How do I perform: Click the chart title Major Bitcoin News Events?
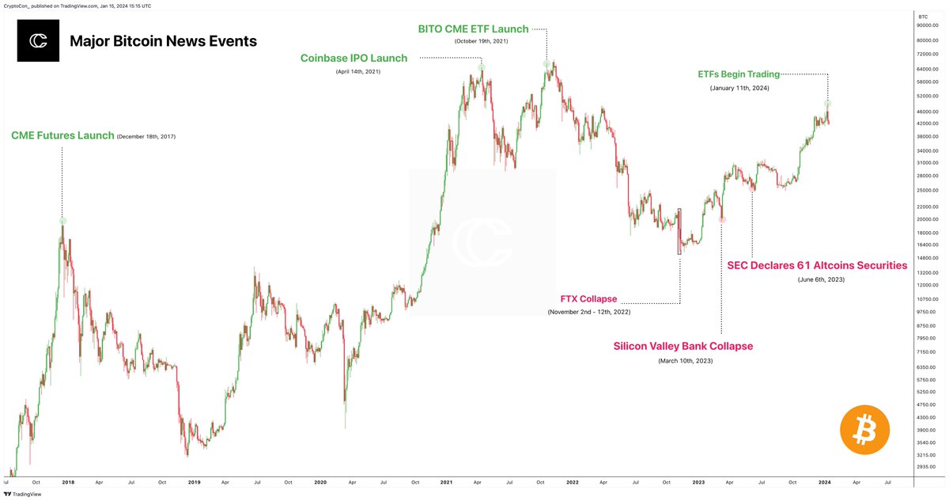[163, 41]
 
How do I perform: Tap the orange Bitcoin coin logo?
[864, 430]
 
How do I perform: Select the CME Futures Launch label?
[62, 136]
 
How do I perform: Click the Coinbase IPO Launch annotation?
[354, 58]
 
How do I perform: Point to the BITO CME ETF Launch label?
[473, 29]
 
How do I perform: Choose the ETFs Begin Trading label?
[739, 74]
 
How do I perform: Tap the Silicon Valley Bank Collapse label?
[683, 346]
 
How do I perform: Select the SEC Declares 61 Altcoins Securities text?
[817, 266]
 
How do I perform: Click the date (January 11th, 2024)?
[739, 88]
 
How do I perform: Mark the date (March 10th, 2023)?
[685, 360]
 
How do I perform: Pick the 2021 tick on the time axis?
[447, 481]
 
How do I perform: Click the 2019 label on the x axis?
[194, 481]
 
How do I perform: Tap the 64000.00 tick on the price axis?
[927, 69]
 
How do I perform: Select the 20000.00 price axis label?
[927, 219]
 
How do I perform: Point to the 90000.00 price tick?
[927, 26]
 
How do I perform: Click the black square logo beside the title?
[38, 41]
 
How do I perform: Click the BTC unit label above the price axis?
[923, 16]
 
